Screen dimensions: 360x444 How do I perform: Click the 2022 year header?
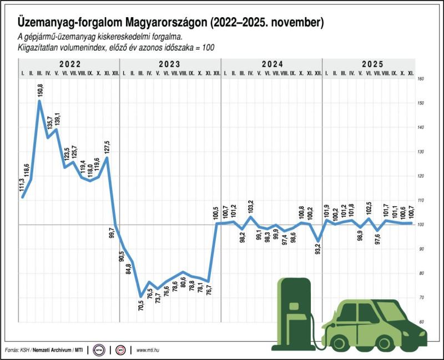pyautogui.click(x=69, y=64)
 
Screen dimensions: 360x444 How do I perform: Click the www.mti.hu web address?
pyautogui.click(x=148, y=350)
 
